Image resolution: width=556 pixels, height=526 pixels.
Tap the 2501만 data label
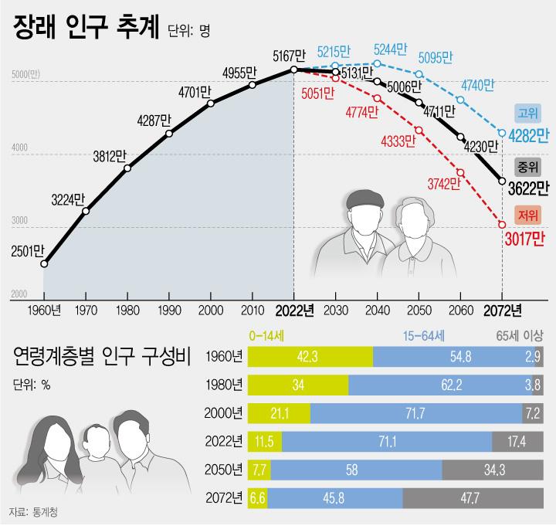pos(28,249)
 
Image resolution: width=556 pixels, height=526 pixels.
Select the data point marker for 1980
pos(127,168)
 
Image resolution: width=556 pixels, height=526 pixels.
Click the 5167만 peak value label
pos(290,56)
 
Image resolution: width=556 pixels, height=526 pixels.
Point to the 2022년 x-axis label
pos(294,311)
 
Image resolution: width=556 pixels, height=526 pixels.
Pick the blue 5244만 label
pos(391,48)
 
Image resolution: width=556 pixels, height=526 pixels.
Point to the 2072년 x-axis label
pos(502,311)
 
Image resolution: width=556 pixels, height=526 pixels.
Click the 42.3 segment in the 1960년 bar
pos(309,356)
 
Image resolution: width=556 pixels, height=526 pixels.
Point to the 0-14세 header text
pos(268,336)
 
